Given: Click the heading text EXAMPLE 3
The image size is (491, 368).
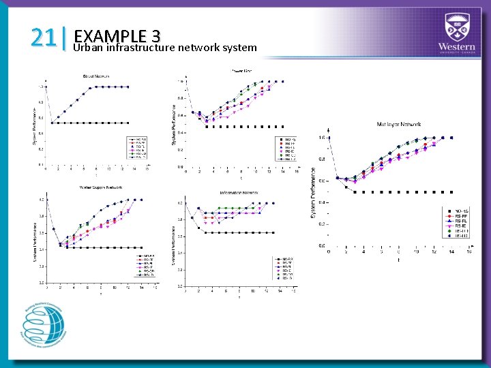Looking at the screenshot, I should point(117,35).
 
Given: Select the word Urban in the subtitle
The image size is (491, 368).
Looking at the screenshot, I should point(89,48).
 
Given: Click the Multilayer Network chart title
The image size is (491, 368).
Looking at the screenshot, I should point(399,124).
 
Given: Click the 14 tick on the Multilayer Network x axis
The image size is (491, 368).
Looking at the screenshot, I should point(451,251).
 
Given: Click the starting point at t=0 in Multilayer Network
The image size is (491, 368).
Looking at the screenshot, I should point(329,138).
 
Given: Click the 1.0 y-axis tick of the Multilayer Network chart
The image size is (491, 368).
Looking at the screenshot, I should point(321,138).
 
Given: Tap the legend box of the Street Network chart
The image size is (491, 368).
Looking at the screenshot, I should point(137,148).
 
